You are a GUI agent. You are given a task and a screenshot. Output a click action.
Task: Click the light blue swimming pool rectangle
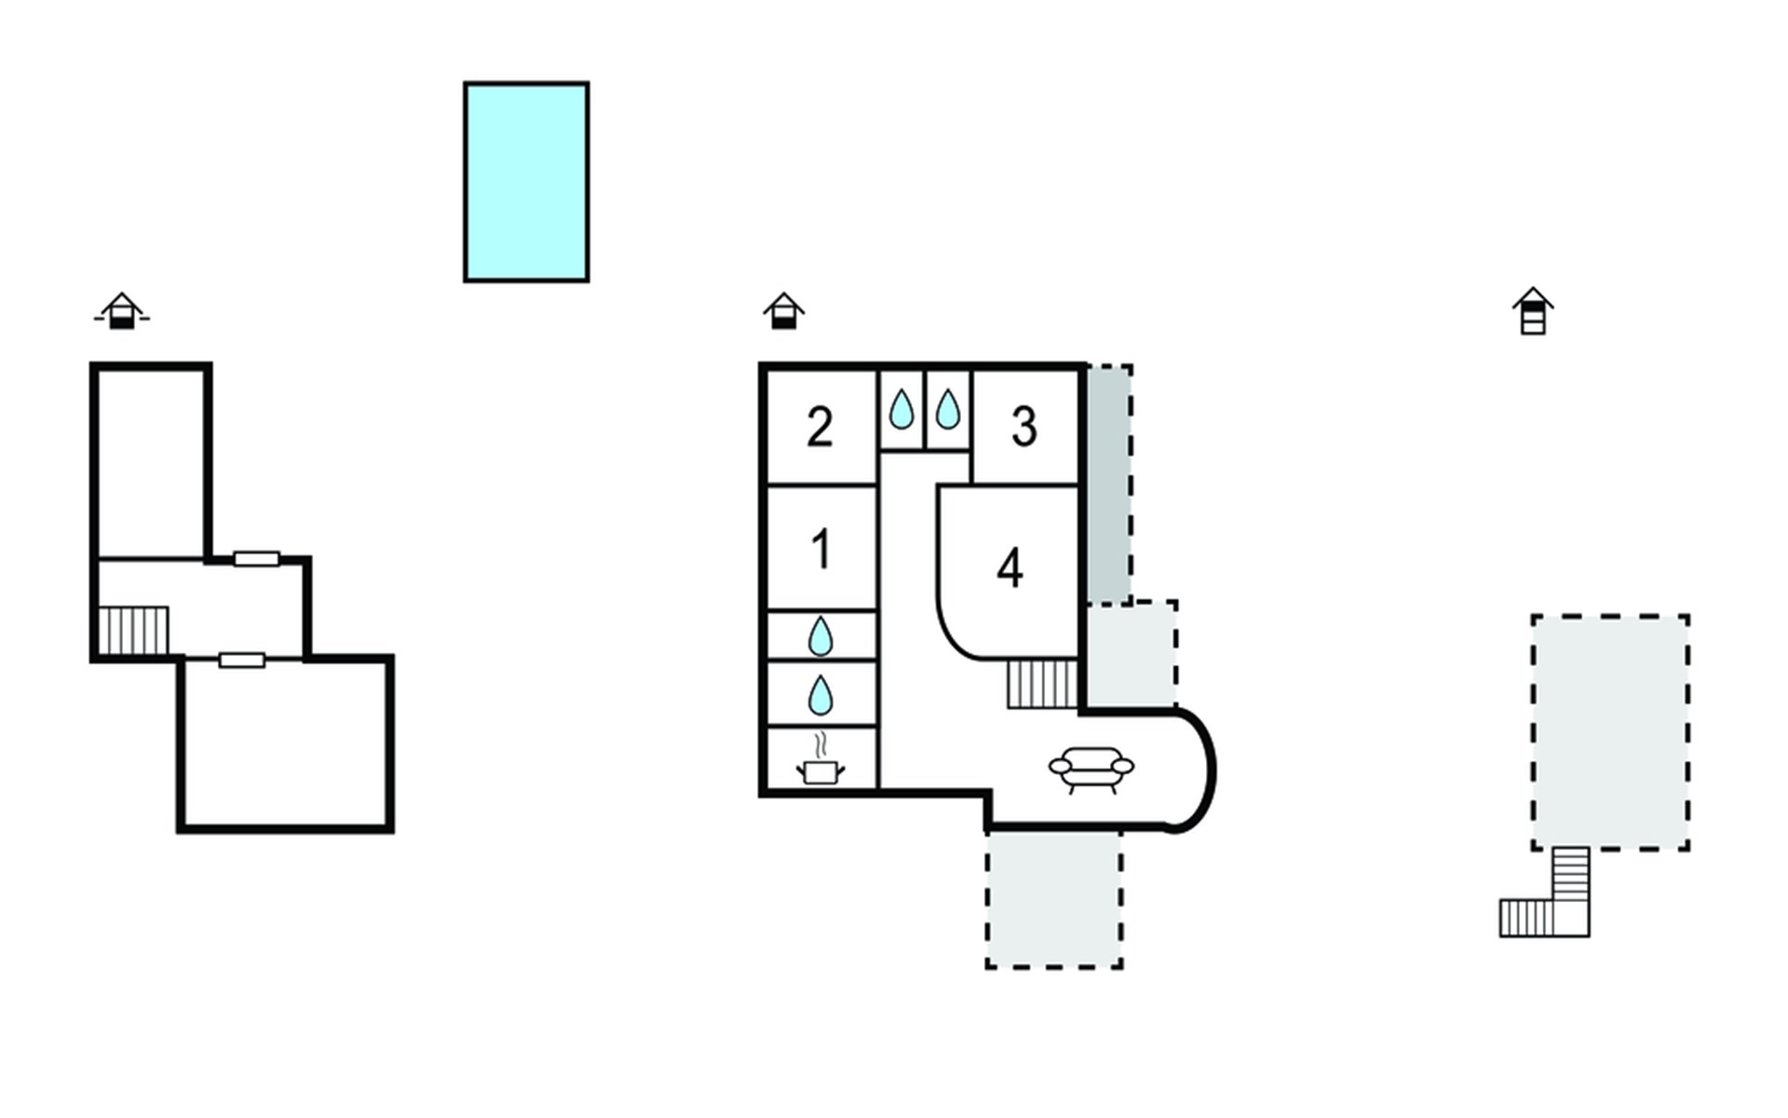coord(526,182)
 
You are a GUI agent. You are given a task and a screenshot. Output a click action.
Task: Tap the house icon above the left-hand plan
coord(121,311)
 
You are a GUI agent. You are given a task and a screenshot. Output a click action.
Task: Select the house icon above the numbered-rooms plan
coord(783,311)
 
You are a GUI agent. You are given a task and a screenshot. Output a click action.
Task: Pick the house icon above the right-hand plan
coord(1533,311)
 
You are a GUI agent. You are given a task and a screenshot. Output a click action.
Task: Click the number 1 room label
coord(820,549)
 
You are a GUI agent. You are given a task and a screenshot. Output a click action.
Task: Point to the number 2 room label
coord(819,428)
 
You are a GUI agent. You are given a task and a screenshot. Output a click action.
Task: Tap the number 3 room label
coord(1024,428)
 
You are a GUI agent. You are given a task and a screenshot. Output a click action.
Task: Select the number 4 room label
coord(1009,567)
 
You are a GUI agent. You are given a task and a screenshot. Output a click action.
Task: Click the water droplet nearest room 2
coord(901,409)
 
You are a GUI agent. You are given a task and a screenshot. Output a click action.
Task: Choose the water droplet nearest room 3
coord(948,409)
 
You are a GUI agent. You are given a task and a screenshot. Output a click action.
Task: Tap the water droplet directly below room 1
coord(820,636)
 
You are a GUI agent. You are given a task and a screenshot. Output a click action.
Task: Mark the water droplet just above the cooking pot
coord(820,695)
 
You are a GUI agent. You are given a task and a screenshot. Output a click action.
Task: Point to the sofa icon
coord(1091,770)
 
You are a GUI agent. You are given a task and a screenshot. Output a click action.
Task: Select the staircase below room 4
coord(1042,684)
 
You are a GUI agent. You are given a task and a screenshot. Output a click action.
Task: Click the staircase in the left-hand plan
coord(133,631)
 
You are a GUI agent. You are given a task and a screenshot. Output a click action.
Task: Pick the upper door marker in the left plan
coord(256,559)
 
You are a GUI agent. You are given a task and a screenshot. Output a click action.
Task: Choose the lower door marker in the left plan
coord(242,661)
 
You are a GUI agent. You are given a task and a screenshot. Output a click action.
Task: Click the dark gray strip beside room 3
coord(1109,484)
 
